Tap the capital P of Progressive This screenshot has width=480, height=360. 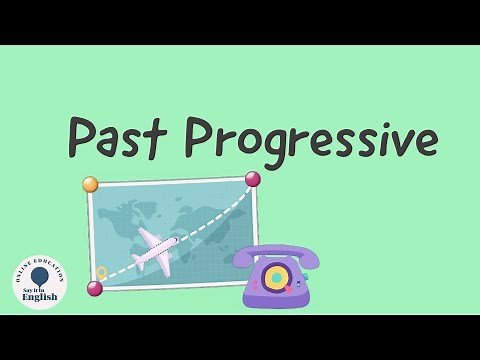point(202,137)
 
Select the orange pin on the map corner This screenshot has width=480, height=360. point(90,184)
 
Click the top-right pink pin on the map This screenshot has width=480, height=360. point(252,179)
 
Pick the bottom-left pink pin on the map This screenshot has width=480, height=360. point(95,288)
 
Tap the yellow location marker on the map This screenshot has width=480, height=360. point(101,272)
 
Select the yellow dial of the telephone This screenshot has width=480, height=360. point(276,276)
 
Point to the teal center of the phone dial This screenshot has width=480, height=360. point(276,276)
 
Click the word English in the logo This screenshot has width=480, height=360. point(40,295)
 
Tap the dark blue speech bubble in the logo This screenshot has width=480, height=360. point(40,275)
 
